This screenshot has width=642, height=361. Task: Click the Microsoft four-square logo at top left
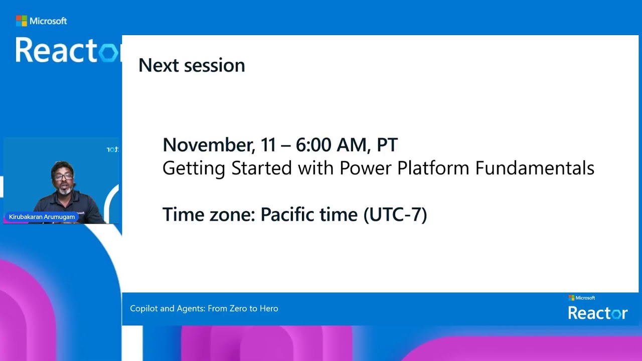tap(21, 21)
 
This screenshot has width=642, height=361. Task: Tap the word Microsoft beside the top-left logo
tap(48, 21)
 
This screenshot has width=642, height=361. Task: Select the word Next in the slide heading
tap(159, 65)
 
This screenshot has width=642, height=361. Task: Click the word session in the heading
tap(215, 66)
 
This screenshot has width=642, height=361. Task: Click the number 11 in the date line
tap(268, 145)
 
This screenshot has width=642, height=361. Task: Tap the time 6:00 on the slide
tap(313, 145)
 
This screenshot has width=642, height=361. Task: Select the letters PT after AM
tap(387, 145)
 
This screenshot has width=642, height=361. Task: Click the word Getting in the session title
tap(194, 168)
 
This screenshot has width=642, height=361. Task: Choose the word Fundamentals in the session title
tap(535, 168)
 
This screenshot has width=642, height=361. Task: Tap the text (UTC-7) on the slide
tap(395, 215)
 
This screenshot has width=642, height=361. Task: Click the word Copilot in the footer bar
tap(144, 308)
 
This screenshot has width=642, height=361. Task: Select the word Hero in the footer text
tap(269, 308)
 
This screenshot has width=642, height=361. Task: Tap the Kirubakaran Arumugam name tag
tap(42, 217)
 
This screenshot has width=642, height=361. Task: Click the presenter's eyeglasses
tap(64, 176)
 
